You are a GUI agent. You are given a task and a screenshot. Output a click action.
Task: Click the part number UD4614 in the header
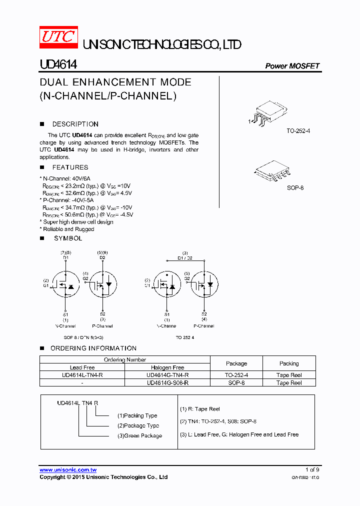coord(58,65)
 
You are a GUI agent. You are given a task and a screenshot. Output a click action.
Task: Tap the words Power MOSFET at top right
coord(292,66)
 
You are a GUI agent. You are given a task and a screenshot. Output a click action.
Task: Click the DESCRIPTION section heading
coord(75,124)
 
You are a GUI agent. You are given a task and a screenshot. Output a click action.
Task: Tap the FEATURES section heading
coord(70,167)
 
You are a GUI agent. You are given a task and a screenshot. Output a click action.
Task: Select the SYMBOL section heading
coord(68,238)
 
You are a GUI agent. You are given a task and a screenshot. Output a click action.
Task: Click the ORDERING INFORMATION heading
coord(93,348)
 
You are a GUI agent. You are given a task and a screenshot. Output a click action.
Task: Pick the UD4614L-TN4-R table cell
coord(82,375)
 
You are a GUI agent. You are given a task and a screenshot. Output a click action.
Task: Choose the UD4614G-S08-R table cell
coord(167,382)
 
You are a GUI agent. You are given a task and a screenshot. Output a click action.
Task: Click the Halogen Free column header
coord(167,367)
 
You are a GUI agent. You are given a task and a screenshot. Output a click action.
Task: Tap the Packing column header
coord(289,363)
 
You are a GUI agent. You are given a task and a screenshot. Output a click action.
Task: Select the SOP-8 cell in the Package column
coord(236,382)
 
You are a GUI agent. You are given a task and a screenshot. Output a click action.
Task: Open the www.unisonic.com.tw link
coord(68,470)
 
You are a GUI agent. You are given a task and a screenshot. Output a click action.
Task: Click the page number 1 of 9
coord(312,469)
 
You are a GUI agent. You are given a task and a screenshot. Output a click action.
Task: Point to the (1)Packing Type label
coord(137,415)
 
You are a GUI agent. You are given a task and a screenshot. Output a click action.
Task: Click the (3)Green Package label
coord(139,435)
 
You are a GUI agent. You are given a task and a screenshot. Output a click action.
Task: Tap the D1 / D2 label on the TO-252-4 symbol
coord(185,258)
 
